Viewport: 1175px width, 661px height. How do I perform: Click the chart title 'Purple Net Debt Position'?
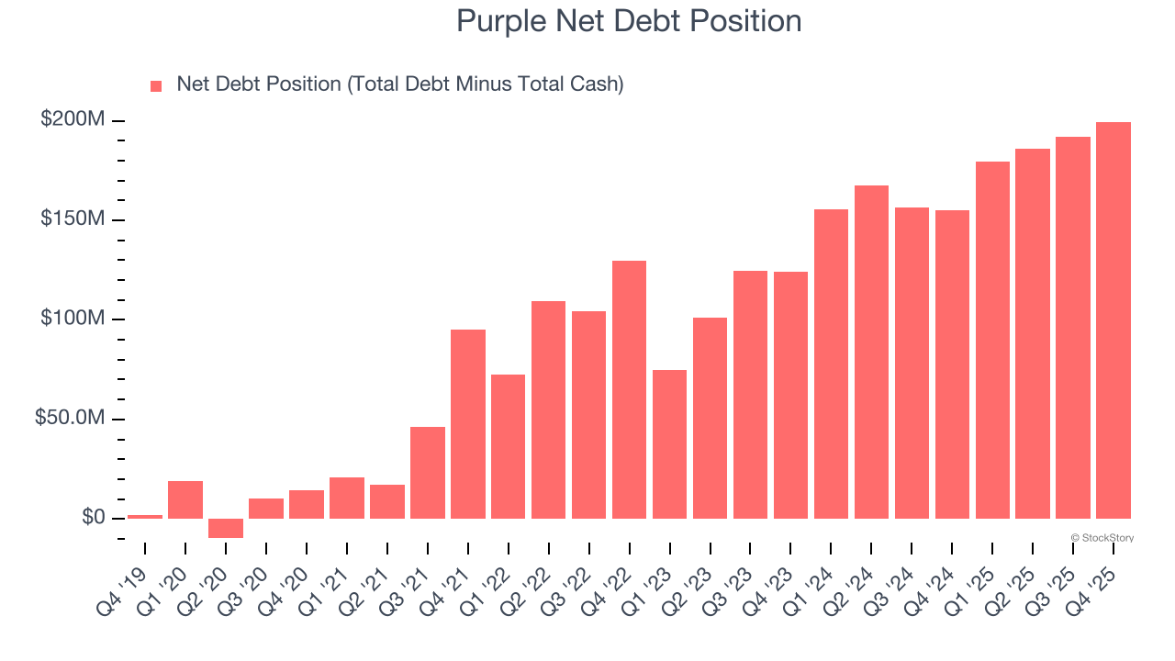[x=629, y=21]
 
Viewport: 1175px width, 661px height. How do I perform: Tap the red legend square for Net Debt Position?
[x=156, y=85]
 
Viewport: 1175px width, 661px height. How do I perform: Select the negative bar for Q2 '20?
[x=226, y=528]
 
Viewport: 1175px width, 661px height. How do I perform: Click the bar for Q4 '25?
[x=1113, y=320]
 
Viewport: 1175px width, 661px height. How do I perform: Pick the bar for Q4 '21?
[x=468, y=424]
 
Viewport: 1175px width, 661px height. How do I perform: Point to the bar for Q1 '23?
[x=669, y=444]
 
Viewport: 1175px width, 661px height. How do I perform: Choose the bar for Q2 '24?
[x=871, y=352]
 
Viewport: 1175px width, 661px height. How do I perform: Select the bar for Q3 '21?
[x=428, y=473]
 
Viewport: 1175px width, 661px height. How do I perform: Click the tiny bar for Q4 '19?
[x=145, y=517]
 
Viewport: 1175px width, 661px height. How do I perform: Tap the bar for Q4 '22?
[x=629, y=389]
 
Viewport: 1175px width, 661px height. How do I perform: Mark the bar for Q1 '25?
[x=992, y=340]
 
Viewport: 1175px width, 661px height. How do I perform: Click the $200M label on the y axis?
[x=73, y=120]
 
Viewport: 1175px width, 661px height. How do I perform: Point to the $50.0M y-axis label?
[x=70, y=419]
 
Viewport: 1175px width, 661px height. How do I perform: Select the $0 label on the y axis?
[x=93, y=518]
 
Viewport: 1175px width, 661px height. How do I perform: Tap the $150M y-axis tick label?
[x=73, y=219]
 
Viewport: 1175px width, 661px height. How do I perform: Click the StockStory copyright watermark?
[x=1102, y=538]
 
